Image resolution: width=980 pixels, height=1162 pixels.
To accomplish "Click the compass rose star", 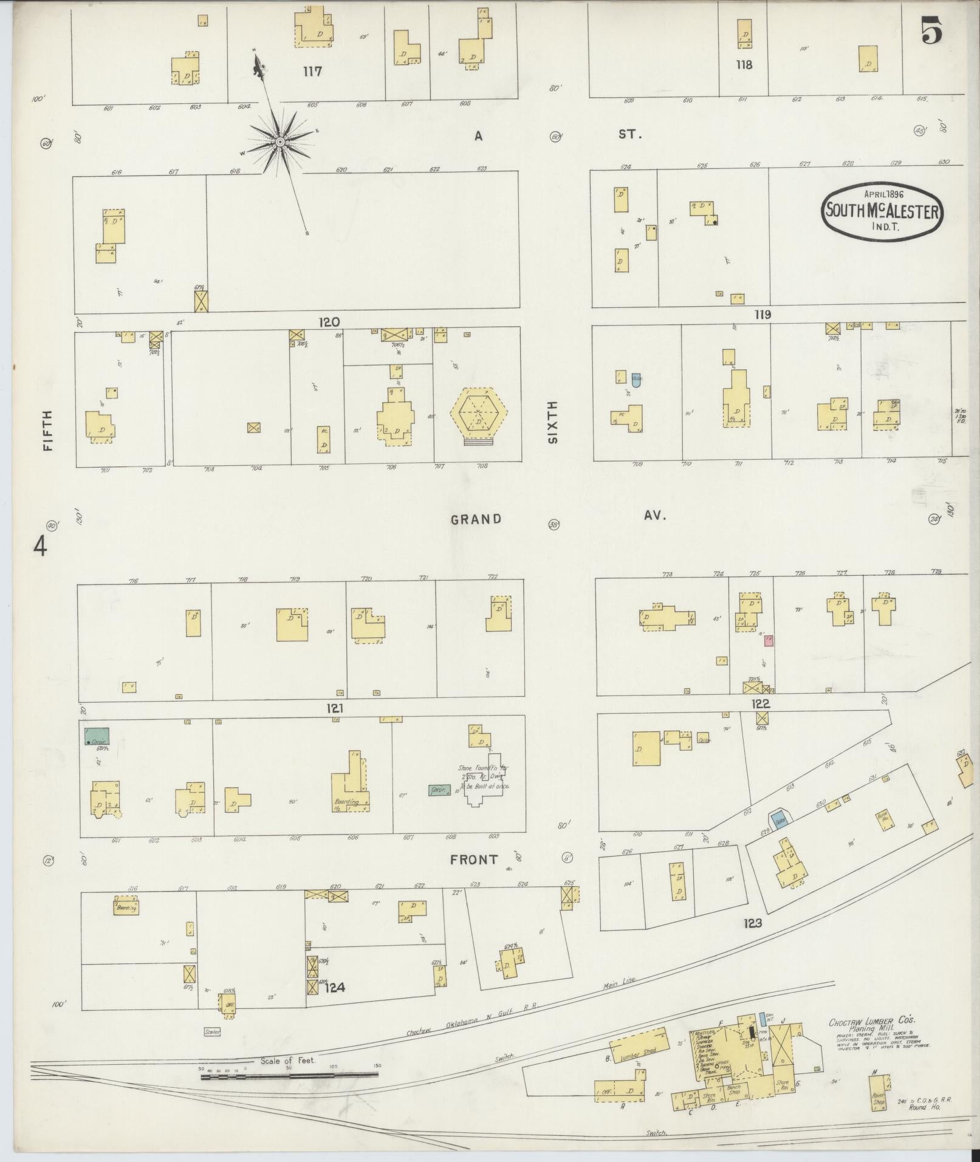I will tap(280, 142).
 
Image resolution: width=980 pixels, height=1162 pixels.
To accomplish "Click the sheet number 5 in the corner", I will tap(931, 30).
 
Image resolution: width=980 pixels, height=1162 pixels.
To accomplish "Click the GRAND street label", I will tap(476, 519).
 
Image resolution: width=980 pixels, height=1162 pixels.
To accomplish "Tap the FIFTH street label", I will tap(48, 430).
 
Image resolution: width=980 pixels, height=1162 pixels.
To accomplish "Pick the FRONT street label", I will tap(474, 860).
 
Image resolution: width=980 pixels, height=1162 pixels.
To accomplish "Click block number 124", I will tap(334, 987).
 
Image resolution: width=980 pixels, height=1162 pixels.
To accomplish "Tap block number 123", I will tap(752, 940).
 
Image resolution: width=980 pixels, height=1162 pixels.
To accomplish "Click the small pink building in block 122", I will tap(769, 640).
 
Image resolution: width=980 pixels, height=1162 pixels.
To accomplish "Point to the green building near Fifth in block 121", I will tap(97, 736).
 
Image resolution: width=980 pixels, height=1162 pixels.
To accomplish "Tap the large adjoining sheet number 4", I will tap(40, 546).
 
